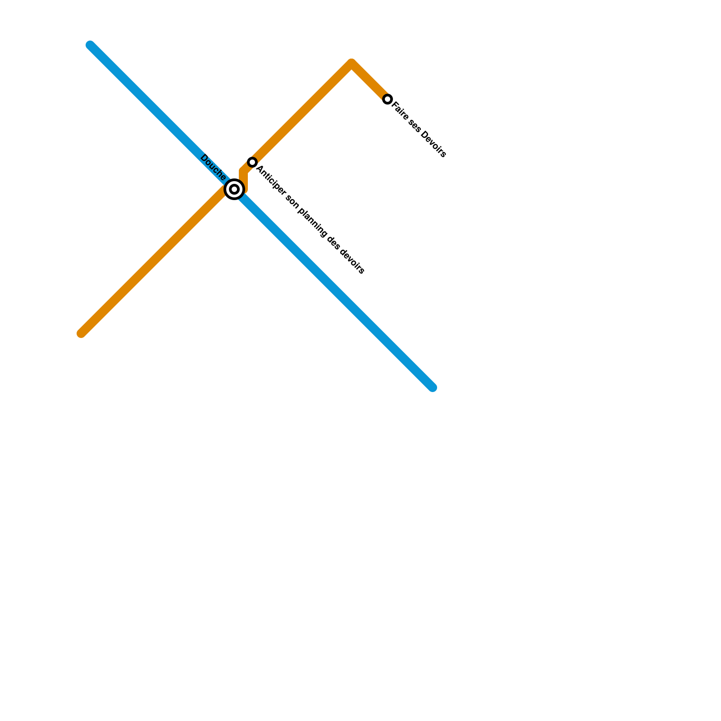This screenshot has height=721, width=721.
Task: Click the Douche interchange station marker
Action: coord(234,189)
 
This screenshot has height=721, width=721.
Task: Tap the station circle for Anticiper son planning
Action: coord(252,162)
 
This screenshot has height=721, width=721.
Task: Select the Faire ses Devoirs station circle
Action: coord(388,99)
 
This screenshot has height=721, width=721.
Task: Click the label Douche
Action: coord(213,167)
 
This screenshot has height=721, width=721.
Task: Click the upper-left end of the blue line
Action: coord(91,46)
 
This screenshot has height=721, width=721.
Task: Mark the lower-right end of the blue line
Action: coord(432,387)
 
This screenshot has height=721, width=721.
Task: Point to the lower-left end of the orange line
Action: coord(82,333)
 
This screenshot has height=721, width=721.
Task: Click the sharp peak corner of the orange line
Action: coord(351,64)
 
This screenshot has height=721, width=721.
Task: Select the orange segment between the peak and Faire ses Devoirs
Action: coord(370,82)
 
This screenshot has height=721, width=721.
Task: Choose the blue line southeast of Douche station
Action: coord(333,288)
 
